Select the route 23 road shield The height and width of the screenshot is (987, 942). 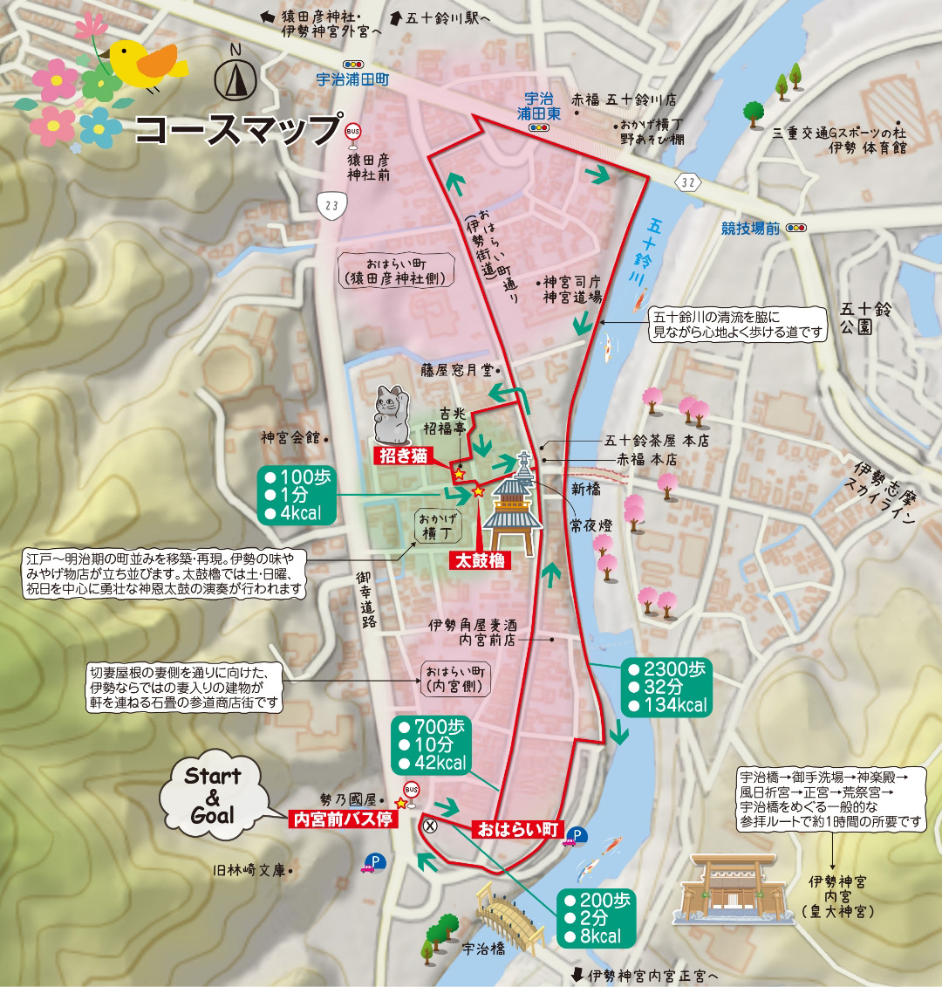332,205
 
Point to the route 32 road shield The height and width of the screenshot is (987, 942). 689,182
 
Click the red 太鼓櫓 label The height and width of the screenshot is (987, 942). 480,560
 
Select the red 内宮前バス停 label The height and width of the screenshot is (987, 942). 343,819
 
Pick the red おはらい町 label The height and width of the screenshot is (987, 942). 517,829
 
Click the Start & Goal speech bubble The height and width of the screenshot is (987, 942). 212,795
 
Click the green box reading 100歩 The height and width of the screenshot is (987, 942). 297,495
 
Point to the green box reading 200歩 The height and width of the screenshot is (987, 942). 597,918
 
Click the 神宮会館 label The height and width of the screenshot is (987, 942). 290,437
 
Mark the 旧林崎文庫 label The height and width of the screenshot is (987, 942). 249,870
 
